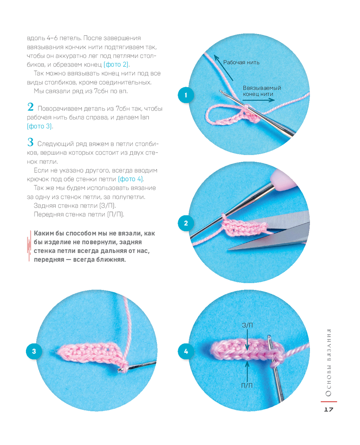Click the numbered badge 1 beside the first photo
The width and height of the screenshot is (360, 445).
coord(186,95)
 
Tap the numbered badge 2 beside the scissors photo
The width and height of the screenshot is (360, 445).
coord(186,223)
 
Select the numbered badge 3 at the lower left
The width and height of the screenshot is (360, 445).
coord(34,351)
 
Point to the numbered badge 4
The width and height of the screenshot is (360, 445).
coord(186,351)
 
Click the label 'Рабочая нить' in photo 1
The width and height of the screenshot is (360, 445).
coord(241,62)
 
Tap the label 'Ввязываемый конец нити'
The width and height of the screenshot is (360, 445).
coord(262,91)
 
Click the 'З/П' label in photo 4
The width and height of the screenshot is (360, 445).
coord(247,325)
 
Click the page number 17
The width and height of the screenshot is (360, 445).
coord(328,409)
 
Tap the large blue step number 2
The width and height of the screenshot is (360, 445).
coord(30,107)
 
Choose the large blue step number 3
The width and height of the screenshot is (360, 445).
coord(30,142)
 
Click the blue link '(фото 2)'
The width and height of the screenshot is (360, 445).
coord(116,64)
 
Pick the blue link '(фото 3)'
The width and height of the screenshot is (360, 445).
coord(39,126)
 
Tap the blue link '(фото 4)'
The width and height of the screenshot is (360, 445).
coord(131,179)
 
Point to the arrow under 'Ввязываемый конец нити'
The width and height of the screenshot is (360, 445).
coord(258,100)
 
